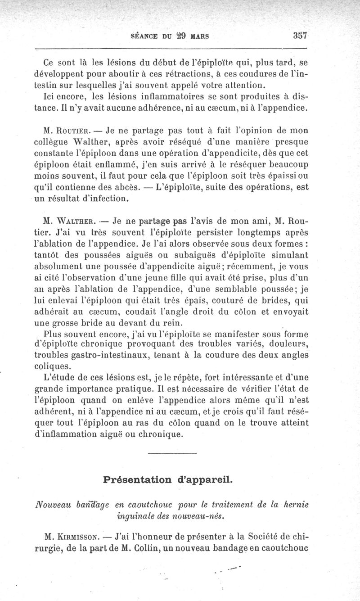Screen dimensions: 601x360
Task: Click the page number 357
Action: tap(299, 36)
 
